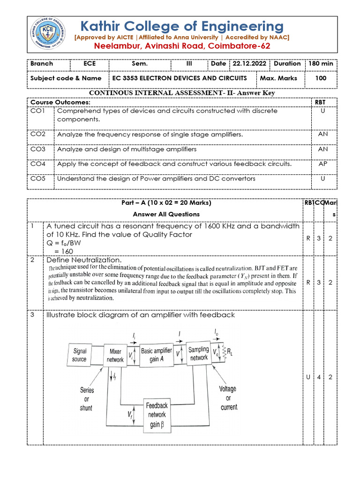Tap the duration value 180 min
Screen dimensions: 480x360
point(321,63)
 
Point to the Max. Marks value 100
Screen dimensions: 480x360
point(321,78)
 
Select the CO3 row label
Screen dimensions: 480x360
point(37,149)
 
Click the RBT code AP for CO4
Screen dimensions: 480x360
point(322,164)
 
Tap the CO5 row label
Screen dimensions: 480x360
point(37,179)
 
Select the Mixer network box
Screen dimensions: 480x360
point(115,356)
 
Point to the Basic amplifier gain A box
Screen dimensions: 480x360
point(157,355)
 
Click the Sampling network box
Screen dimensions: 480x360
point(198,354)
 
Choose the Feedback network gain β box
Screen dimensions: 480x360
point(157,415)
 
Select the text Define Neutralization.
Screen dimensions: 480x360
point(83,260)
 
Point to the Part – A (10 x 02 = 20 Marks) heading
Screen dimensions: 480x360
point(166,203)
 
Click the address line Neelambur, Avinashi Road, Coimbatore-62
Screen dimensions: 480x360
point(182,46)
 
